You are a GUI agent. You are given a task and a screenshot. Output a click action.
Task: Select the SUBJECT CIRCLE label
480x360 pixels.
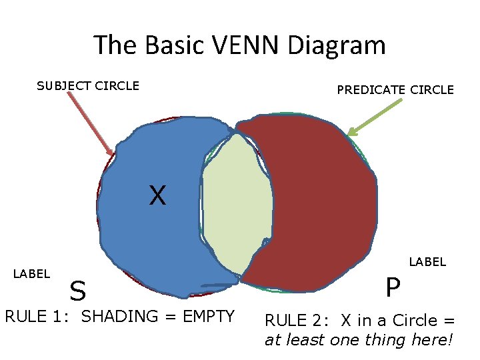pos(88,85)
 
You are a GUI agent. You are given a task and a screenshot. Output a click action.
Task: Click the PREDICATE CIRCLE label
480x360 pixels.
pos(395,89)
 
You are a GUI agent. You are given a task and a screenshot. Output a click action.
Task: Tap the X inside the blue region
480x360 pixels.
pos(157,195)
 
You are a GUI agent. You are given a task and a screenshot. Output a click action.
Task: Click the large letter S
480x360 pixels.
pos(78,291)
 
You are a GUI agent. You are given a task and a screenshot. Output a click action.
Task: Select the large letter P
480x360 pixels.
pos(393,288)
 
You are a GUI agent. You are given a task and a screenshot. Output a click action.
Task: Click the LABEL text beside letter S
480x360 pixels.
pos(31,273)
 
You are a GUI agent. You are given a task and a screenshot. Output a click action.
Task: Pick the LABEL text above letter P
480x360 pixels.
pos(427,262)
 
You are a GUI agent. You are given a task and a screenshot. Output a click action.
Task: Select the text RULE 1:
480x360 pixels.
pos(39,316)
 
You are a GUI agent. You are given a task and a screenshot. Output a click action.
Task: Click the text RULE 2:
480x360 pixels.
pos(299,321)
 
